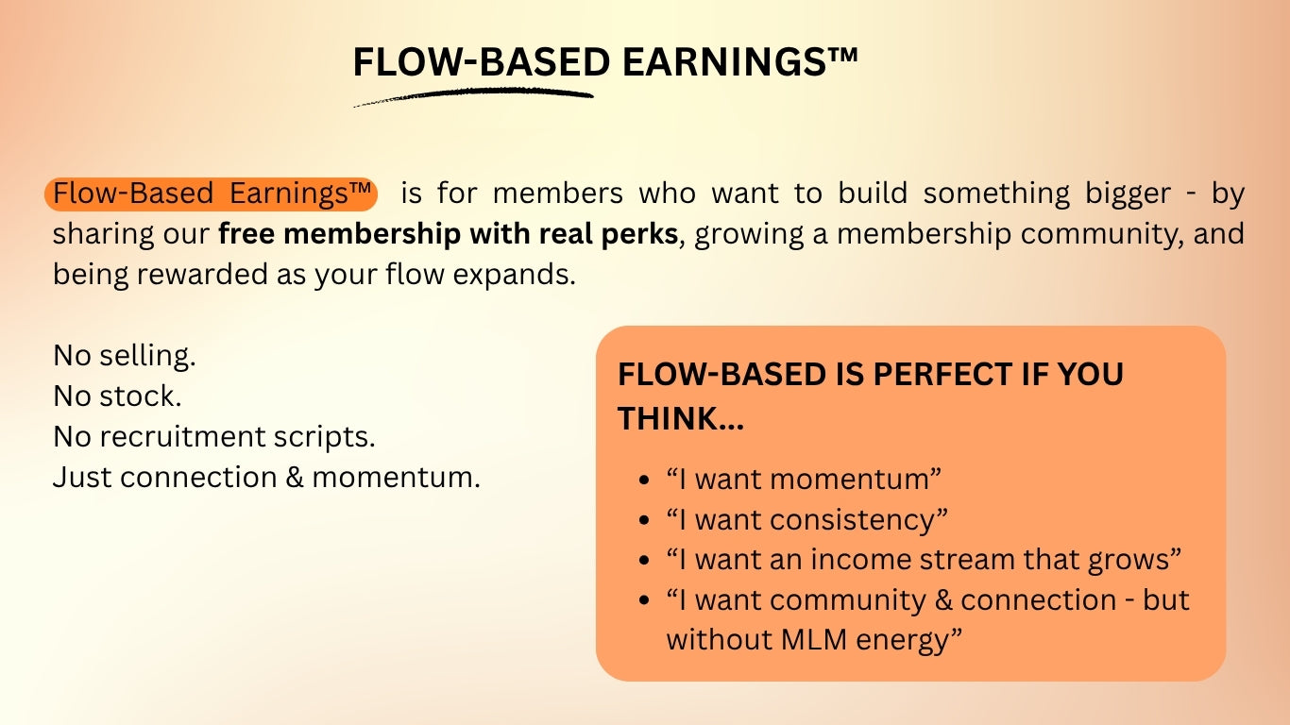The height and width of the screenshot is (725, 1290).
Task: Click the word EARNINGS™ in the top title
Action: click(x=740, y=61)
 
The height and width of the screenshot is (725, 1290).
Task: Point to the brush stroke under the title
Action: click(x=473, y=95)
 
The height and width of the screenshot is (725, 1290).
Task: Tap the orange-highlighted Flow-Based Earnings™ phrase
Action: click(x=212, y=194)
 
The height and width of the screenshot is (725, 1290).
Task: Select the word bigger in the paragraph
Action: click(x=1128, y=194)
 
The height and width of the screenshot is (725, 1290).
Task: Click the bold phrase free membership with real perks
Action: click(x=448, y=233)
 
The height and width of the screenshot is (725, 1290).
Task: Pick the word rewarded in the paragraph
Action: click(x=202, y=274)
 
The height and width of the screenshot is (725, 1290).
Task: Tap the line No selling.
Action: click(x=125, y=355)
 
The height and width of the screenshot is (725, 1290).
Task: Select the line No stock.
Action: click(x=117, y=396)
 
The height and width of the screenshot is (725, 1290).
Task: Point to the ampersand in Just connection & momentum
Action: click(x=295, y=477)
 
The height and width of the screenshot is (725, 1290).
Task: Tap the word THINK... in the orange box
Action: click(x=681, y=418)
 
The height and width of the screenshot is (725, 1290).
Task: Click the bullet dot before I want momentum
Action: click(x=644, y=480)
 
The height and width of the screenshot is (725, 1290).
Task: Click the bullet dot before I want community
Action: click(x=644, y=600)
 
